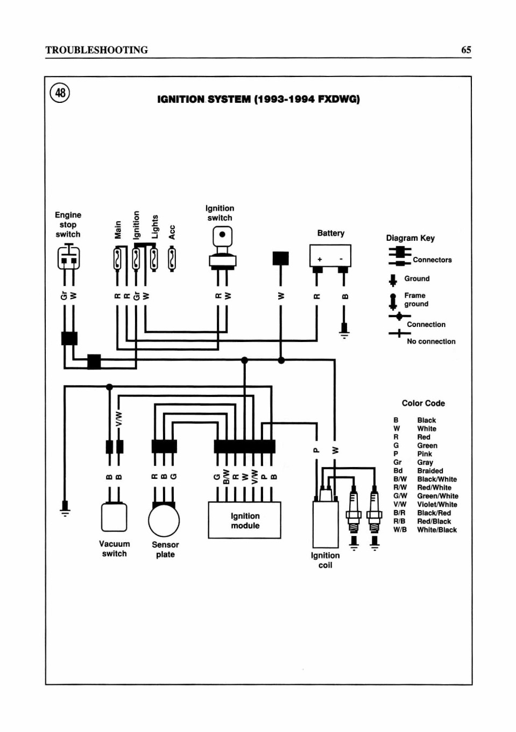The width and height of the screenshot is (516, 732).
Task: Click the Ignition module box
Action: click(x=244, y=520)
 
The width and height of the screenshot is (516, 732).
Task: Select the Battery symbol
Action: click(x=330, y=255)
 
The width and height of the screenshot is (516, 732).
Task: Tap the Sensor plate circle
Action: click(x=164, y=520)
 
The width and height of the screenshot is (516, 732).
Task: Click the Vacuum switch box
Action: click(x=114, y=517)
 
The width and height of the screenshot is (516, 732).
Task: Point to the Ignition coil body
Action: click(x=326, y=524)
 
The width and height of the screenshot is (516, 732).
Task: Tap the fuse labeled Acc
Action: click(x=172, y=260)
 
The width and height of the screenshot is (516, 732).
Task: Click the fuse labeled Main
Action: click(x=117, y=260)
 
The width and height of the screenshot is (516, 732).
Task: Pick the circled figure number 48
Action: click(x=60, y=93)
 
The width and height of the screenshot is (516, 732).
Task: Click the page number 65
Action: click(x=466, y=50)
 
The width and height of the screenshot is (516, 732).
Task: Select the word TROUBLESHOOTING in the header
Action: click(x=97, y=50)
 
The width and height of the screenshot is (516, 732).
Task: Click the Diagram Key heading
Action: click(x=410, y=238)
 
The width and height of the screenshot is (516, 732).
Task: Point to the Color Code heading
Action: click(x=423, y=403)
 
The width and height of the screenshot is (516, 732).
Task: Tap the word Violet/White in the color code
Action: click(x=437, y=504)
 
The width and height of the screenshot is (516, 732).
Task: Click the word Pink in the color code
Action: click(x=425, y=454)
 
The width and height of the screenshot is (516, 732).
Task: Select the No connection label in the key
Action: click(x=431, y=341)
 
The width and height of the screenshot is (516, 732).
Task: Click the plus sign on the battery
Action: click(x=320, y=259)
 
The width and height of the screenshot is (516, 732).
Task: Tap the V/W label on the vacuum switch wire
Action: click(x=119, y=419)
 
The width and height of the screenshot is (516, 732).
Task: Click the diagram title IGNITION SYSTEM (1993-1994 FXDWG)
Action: click(x=258, y=99)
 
